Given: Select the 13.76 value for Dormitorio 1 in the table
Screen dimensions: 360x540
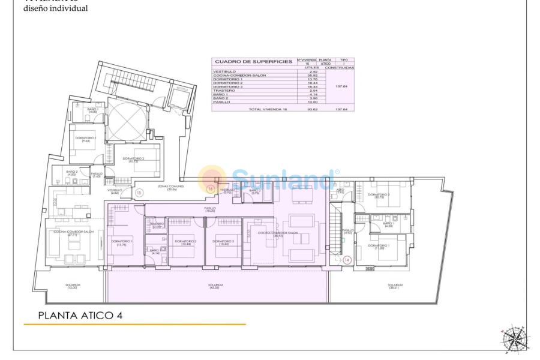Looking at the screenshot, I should click(312, 79).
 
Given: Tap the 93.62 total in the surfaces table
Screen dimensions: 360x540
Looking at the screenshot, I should click(312, 109).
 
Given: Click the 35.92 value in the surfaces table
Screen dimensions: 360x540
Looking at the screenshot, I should click(312, 76).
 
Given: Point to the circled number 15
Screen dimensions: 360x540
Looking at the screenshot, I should click(139, 193).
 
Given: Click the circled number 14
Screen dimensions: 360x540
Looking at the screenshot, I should click(347, 260).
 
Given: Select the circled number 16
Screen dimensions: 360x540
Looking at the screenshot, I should click(211, 189).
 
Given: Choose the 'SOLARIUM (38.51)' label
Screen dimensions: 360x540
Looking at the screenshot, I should click(395, 287).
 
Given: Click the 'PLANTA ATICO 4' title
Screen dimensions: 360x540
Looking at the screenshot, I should click(80, 315).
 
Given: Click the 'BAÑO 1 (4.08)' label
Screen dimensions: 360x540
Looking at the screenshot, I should click(93, 111).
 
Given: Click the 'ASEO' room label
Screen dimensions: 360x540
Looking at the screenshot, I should click(340, 191).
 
